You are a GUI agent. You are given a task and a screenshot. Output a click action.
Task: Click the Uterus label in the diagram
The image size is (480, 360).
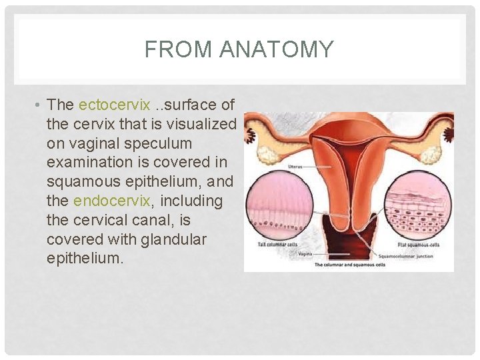[x=296, y=165]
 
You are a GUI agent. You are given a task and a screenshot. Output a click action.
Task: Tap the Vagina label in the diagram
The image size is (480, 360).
[x=305, y=254]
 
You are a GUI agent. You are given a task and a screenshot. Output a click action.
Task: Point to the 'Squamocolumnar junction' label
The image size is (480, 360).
[x=405, y=256]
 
